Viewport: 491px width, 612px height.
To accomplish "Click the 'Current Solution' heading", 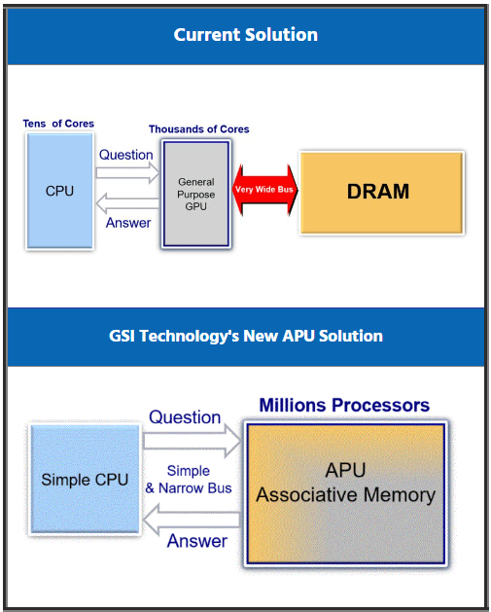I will coord(245,35).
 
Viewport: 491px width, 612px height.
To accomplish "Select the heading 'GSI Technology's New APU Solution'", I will coord(245,337).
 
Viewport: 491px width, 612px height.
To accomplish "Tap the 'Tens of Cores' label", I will coord(58,124).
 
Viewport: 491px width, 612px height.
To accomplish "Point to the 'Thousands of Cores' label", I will coord(198,129).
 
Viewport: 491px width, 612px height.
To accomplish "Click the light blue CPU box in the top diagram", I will coord(59,191).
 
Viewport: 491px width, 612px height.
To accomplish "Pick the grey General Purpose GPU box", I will coord(195,194).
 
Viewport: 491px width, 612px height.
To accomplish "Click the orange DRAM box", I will coord(379,191).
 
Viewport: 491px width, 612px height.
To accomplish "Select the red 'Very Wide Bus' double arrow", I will coord(264,190).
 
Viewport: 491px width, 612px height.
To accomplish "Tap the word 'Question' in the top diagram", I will coord(126,155).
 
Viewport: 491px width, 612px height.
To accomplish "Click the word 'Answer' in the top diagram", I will coord(128,223).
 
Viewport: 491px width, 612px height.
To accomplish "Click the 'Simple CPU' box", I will coord(85,480).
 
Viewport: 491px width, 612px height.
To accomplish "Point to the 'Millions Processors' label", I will coord(344,405).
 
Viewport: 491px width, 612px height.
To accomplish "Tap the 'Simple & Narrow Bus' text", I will coord(189,480).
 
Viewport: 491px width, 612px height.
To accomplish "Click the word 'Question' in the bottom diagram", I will coord(185,417).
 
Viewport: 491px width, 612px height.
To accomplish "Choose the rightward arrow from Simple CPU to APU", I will coord(191,441).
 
